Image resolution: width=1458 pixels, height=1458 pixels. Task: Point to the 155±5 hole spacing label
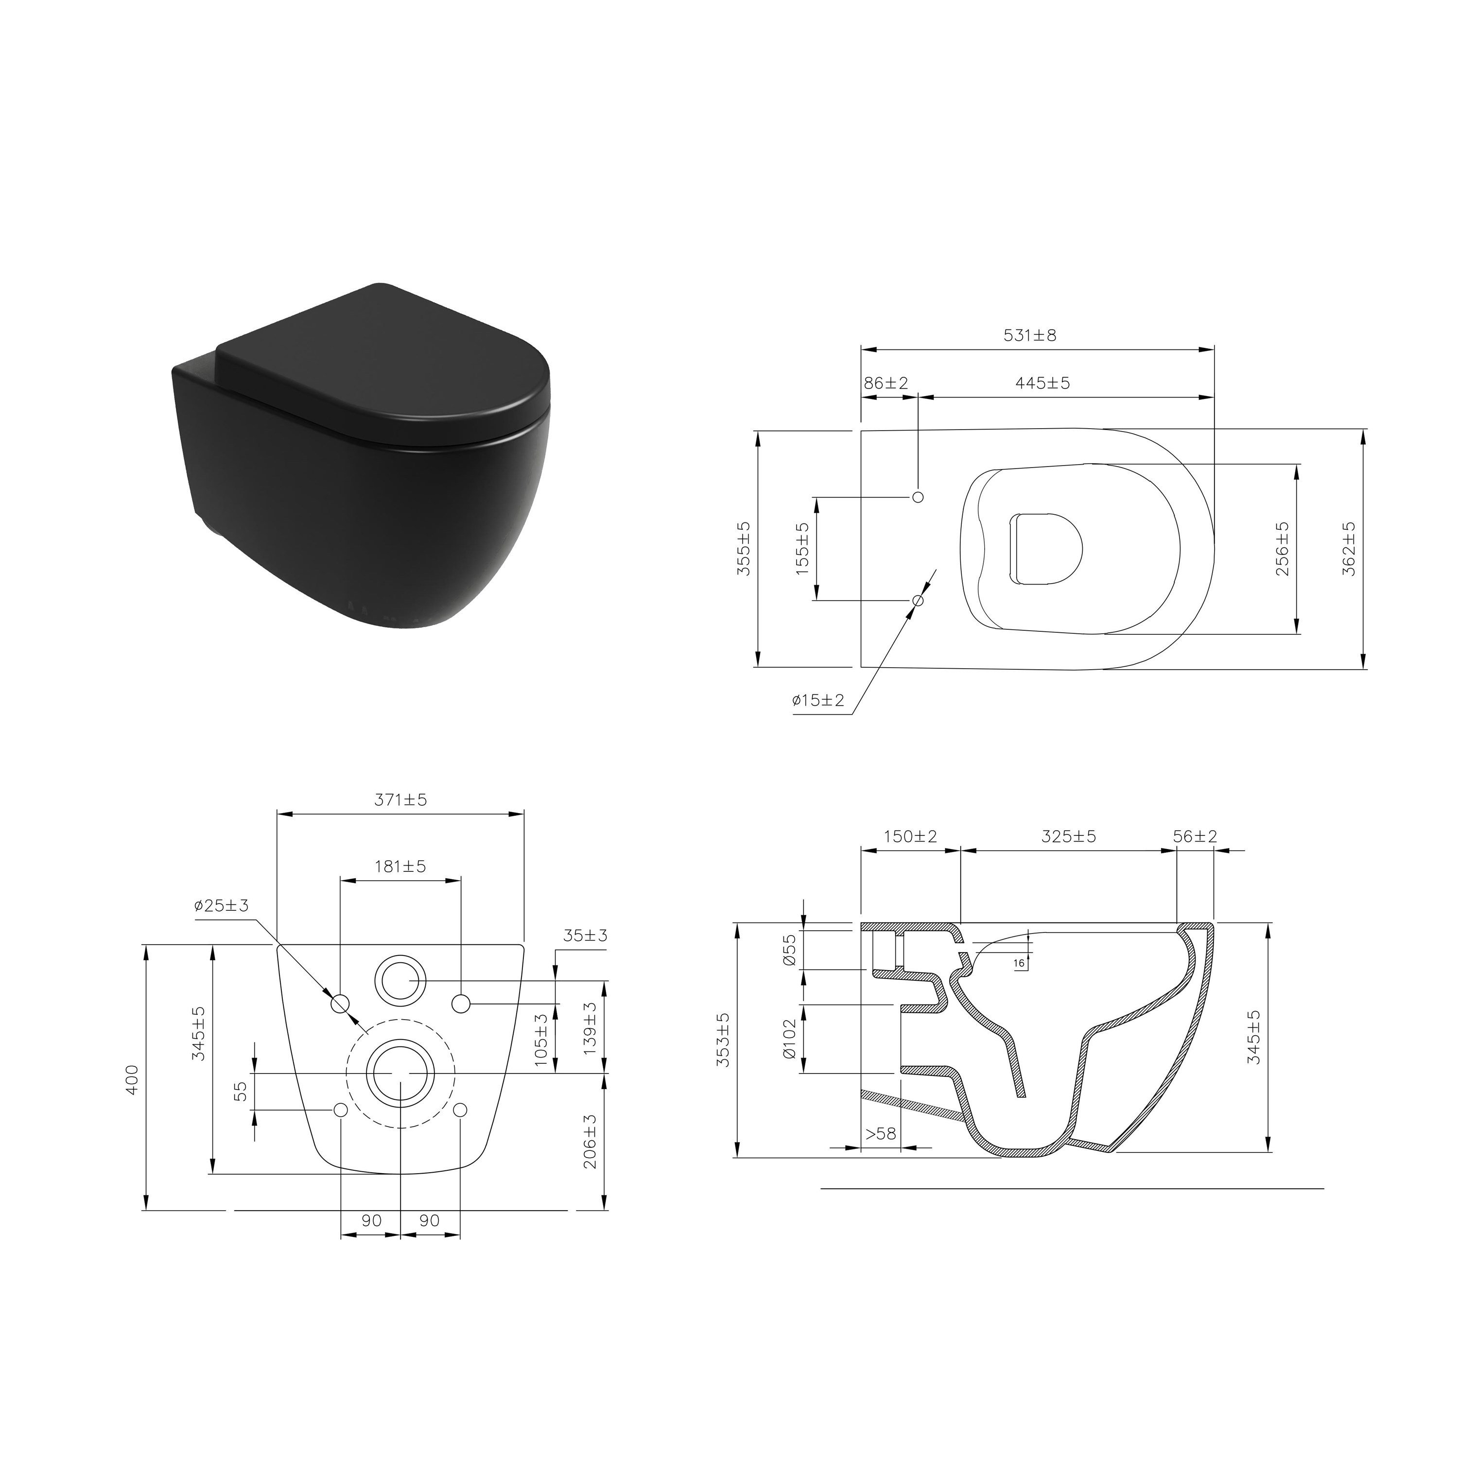click(x=802, y=549)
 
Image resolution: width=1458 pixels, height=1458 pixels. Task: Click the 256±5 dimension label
click(x=1282, y=549)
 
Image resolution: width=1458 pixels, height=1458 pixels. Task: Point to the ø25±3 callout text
click(x=221, y=905)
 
